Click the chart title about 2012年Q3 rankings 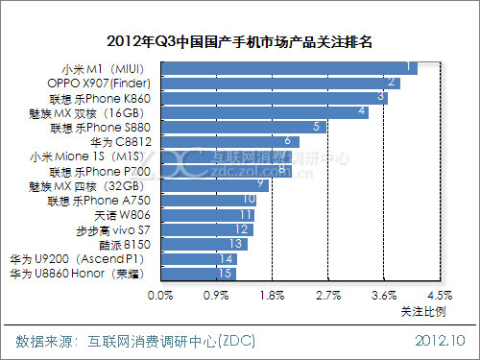click(x=240, y=42)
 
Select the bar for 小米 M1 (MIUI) click(x=289, y=67)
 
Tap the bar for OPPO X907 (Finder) click(x=279, y=83)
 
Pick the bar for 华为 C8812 click(x=229, y=141)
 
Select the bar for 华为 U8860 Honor click(x=198, y=274)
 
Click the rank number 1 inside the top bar click(x=410, y=67)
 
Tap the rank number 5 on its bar click(x=317, y=127)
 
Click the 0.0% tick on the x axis click(x=160, y=295)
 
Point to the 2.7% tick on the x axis click(x=328, y=295)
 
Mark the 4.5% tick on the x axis click(x=440, y=295)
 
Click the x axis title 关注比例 click(x=422, y=311)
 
